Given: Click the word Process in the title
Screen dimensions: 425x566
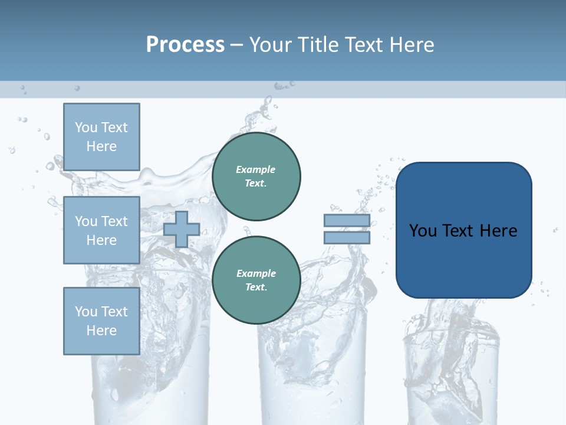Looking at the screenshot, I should point(185,45).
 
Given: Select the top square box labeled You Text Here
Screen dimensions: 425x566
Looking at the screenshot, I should point(101,137).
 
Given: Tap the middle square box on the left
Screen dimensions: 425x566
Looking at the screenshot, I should point(101,230).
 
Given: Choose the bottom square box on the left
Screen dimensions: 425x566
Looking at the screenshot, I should point(101,321).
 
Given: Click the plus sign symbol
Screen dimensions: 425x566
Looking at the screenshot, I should point(182,229).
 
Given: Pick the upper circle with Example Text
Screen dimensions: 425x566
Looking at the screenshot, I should point(256,176).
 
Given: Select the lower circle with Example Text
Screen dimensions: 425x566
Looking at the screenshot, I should point(256,280).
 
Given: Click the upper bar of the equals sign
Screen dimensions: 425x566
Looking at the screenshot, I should point(347,220).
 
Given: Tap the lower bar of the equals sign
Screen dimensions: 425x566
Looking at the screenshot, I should point(347,238).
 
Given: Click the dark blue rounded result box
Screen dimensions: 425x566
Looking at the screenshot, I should point(463,260).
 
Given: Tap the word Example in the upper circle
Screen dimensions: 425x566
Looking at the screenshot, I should point(256,169).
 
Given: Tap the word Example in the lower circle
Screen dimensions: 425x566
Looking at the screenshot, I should point(256,273).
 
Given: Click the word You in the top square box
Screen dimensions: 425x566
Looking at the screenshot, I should point(85,127).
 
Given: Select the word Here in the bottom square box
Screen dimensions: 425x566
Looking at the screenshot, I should point(101,331).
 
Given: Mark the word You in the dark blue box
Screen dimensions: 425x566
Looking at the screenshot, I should point(423,231).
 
